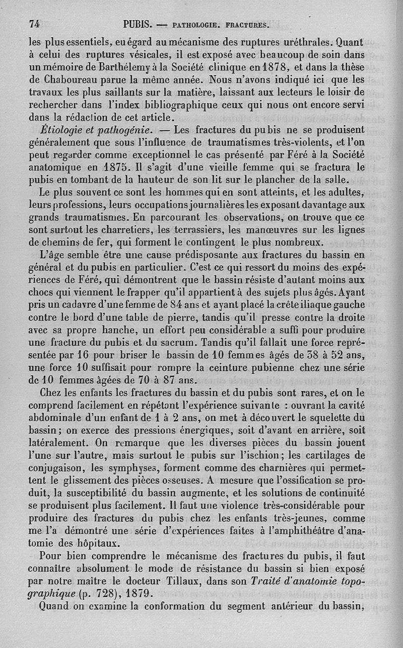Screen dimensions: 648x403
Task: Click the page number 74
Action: coord(35,24)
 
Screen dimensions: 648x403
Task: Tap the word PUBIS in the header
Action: coord(138,24)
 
